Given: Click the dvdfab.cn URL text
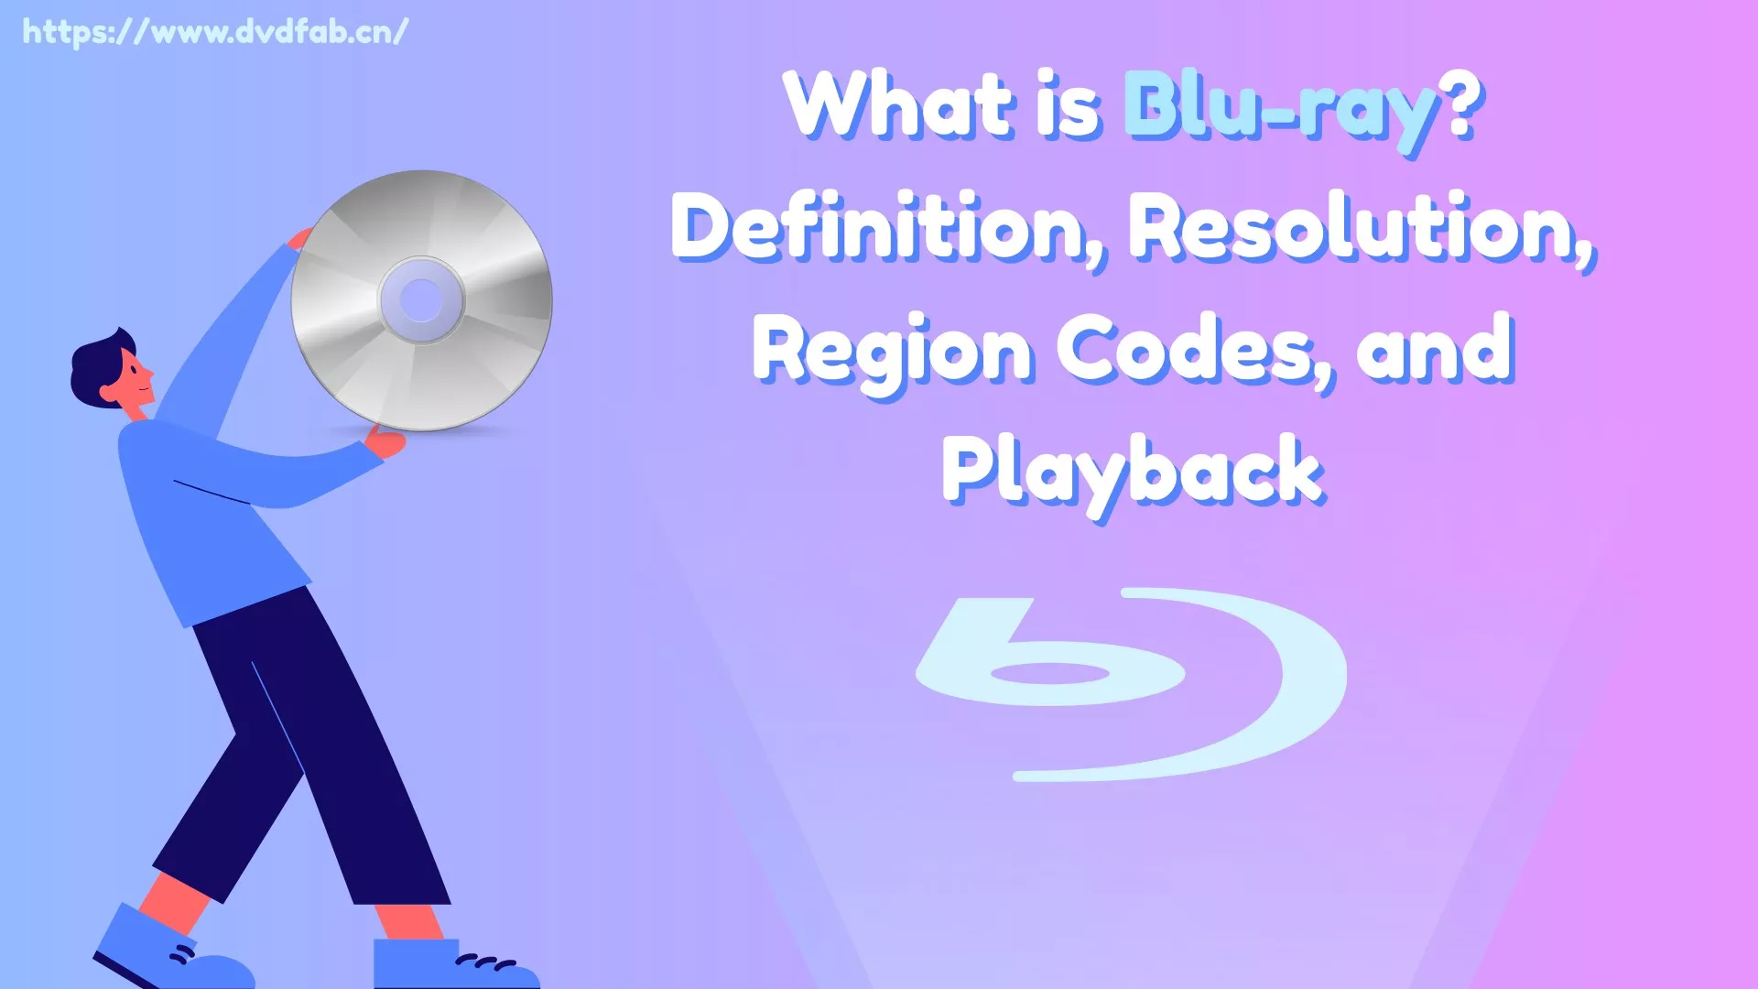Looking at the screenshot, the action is pyautogui.click(x=215, y=33).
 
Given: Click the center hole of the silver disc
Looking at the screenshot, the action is pyautogui.click(x=421, y=300).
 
